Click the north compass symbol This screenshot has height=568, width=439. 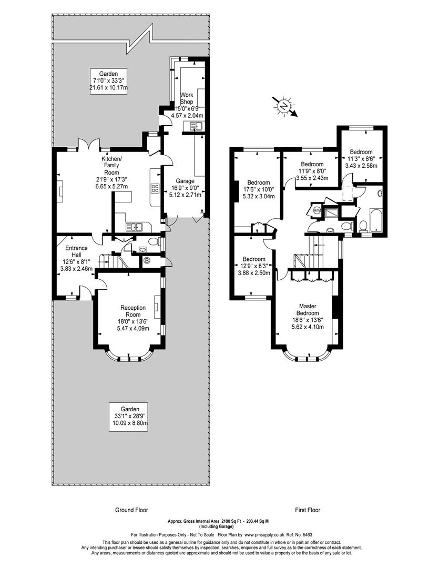285,106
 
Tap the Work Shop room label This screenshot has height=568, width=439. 187,98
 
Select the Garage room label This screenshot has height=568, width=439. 185,181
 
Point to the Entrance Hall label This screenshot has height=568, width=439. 76,251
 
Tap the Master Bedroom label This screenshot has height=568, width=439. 308,310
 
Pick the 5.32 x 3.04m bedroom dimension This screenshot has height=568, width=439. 259,196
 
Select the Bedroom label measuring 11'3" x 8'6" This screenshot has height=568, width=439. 361,152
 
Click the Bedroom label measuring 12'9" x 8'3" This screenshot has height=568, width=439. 254,259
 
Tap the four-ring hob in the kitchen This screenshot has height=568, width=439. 155,188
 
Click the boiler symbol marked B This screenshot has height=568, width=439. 147,260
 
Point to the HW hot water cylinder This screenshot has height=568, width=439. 317,210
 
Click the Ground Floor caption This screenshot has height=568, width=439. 131,510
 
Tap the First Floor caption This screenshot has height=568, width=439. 308,510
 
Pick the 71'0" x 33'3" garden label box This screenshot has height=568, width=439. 109,81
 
